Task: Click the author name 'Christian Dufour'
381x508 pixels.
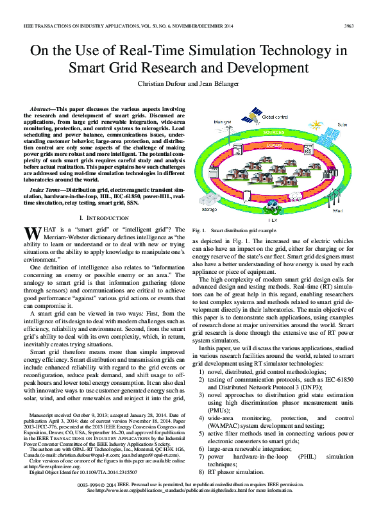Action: coord(165,83)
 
